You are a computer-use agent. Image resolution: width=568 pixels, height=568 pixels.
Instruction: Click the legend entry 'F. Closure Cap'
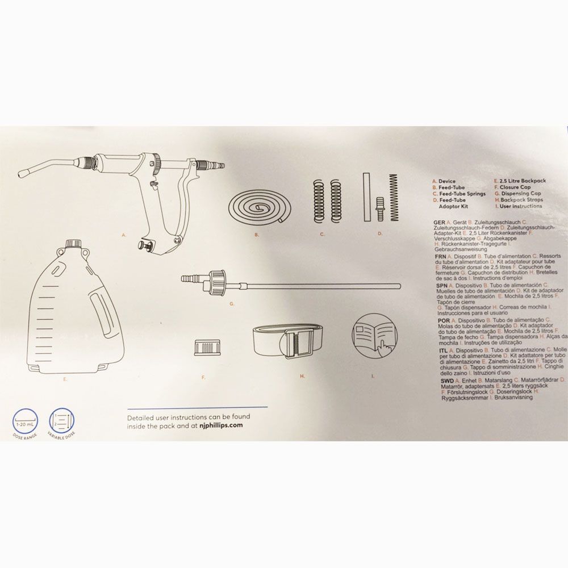point(512,187)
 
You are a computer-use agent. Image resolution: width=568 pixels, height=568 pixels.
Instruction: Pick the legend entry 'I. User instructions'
point(518,206)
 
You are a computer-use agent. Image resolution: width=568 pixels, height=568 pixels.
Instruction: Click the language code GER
point(438,221)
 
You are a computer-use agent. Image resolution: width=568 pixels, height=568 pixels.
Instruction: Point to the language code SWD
point(438,379)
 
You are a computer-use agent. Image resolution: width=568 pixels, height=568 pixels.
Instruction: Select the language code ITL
point(437,351)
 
